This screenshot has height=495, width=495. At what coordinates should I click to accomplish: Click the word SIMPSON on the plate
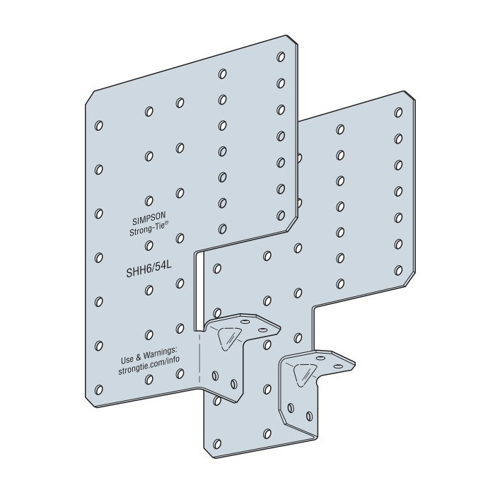(x=147, y=221)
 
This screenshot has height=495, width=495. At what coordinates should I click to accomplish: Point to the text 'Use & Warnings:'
(x=147, y=351)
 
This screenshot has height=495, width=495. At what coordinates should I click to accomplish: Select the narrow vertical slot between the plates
(x=198, y=290)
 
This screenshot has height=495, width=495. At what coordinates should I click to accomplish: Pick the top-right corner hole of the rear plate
(x=399, y=112)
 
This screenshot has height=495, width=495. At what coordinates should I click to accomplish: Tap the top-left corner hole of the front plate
(x=98, y=124)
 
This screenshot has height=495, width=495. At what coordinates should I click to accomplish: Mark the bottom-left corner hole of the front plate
(x=98, y=388)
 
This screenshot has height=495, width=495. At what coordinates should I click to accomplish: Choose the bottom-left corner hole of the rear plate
(x=217, y=445)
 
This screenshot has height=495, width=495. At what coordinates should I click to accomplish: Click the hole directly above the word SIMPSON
(x=149, y=201)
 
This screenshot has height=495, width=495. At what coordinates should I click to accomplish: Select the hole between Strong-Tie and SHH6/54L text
(x=149, y=245)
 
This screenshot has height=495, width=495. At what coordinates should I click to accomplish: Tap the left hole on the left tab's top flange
(x=244, y=322)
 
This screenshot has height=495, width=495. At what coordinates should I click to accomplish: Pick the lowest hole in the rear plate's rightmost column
(x=398, y=270)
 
